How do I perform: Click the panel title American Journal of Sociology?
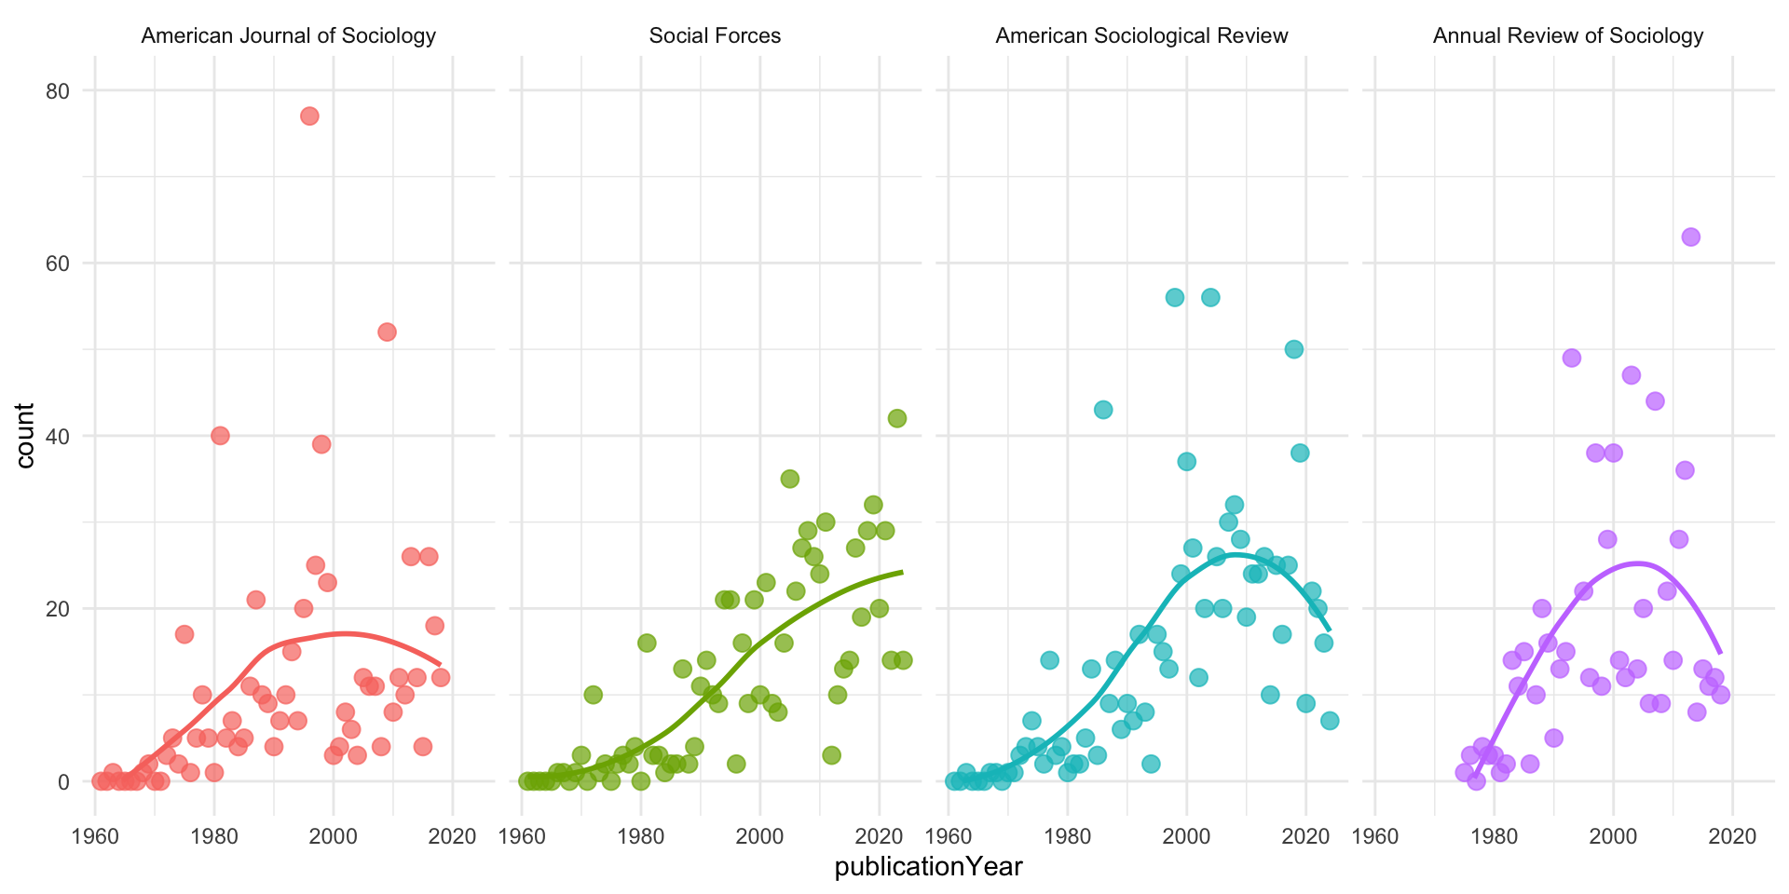pos(288,36)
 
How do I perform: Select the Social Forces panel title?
pos(715,36)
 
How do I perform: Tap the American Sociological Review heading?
pos(1141,36)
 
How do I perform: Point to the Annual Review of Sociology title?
pos(1568,36)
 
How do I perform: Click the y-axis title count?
pos(25,436)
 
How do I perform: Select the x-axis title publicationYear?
pos(928,867)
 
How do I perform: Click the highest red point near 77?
pos(309,116)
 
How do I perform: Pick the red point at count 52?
pos(387,332)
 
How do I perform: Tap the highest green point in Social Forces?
pos(896,418)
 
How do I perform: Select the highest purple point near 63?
pos(1690,237)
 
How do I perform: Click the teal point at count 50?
pos(1293,349)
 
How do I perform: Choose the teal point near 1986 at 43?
pos(1103,410)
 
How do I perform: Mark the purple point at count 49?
pos(1572,358)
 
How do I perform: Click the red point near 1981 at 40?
pos(220,436)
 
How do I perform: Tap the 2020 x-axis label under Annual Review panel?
pos(1732,835)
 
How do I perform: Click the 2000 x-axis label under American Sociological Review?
pos(1186,835)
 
